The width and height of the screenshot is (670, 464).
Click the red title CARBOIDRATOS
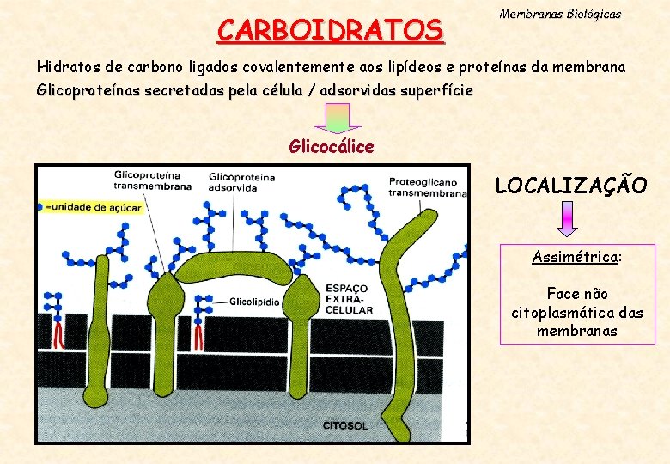(x=331, y=30)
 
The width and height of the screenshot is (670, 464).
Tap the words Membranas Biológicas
(x=560, y=15)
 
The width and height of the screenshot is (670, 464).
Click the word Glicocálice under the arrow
(x=332, y=147)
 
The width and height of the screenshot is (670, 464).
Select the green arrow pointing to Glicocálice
(x=338, y=118)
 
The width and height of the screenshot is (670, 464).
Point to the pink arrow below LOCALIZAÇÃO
(x=568, y=219)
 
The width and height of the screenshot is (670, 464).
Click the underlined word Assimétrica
(x=575, y=256)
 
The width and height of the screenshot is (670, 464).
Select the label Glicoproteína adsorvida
(x=241, y=182)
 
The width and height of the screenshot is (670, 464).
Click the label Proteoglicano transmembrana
(x=427, y=187)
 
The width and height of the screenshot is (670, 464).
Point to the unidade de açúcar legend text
(x=89, y=207)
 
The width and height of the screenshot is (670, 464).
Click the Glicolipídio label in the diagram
(x=253, y=302)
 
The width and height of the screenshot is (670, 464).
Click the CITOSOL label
(x=345, y=425)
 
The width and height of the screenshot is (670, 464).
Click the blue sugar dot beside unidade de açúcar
(x=40, y=207)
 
